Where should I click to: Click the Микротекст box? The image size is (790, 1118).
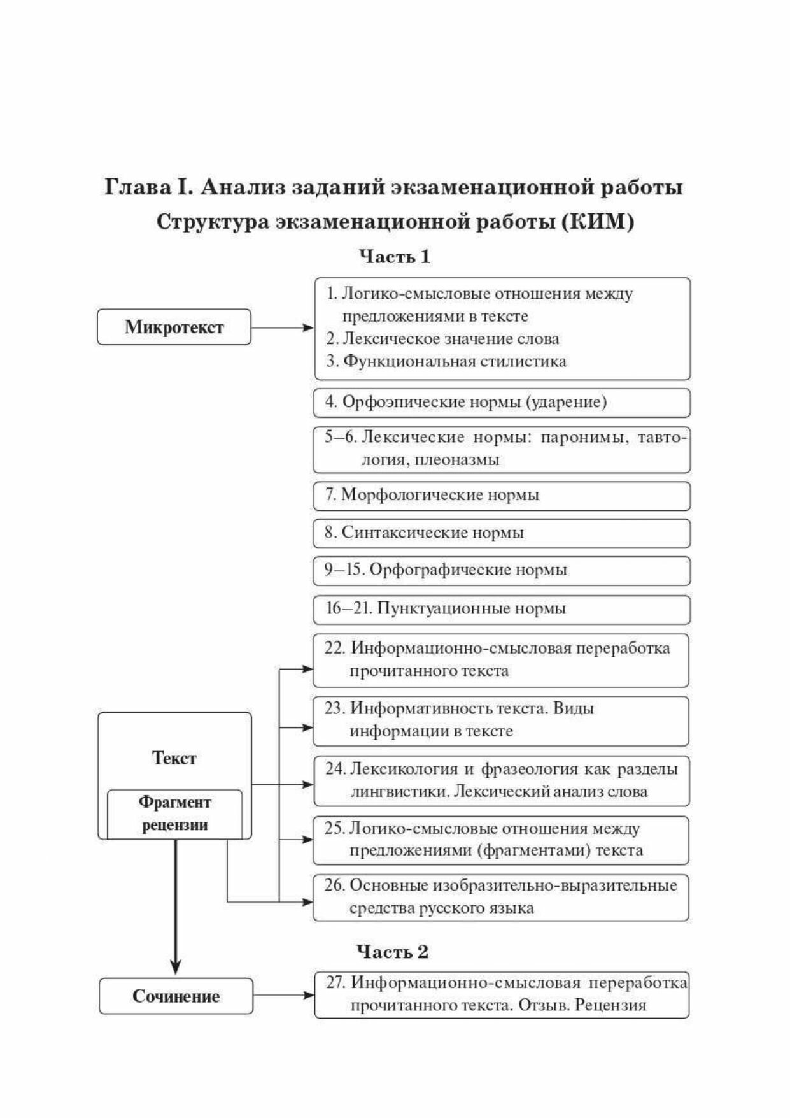point(174,327)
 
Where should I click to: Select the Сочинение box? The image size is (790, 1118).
point(176,996)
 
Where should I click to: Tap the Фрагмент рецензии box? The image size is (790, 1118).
point(174,813)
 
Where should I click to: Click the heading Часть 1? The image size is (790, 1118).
point(395,257)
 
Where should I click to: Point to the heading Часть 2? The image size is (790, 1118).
point(392,952)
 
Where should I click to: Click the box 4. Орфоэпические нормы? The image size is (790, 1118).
point(502,403)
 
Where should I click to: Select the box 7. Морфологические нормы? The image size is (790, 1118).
point(502,495)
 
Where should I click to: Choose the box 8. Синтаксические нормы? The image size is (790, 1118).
point(502,533)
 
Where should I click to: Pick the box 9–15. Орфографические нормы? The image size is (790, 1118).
point(502,570)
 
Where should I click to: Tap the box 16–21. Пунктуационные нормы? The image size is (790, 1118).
point(502,609)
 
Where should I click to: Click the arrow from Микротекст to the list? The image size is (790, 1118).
point(282,327)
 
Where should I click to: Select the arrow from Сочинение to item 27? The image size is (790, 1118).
point(283,995)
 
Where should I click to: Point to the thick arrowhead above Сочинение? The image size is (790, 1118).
point(176,964)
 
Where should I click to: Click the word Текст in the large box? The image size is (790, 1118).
point(174,758)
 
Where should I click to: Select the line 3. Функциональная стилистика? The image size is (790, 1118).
point(447,361)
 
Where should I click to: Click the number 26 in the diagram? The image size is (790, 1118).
point(334,885)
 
